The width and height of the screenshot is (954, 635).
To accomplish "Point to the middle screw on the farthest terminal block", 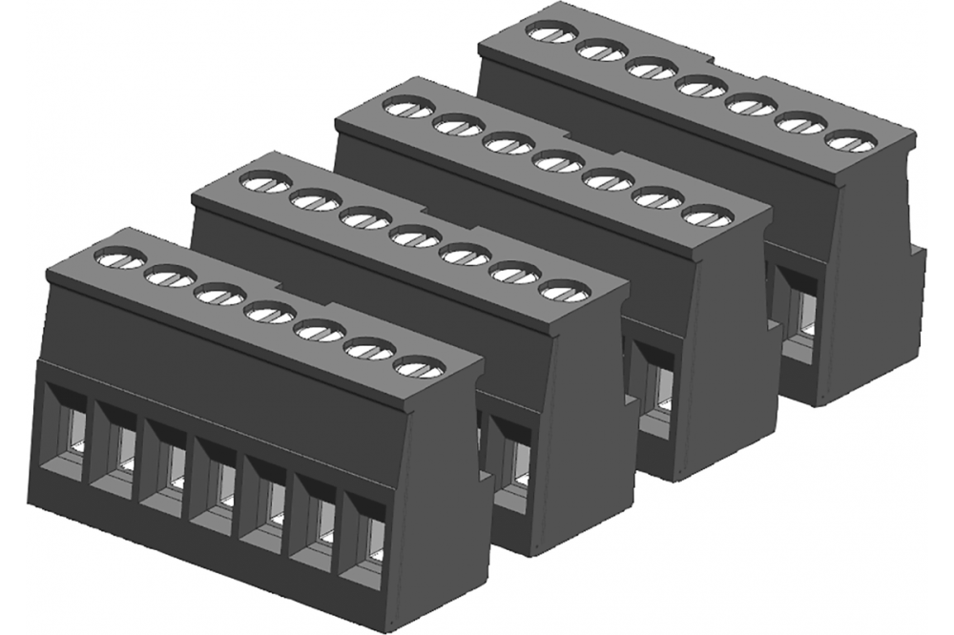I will (x=698, y=88).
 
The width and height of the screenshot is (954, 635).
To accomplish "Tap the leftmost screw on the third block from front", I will (x=407, y=108).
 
